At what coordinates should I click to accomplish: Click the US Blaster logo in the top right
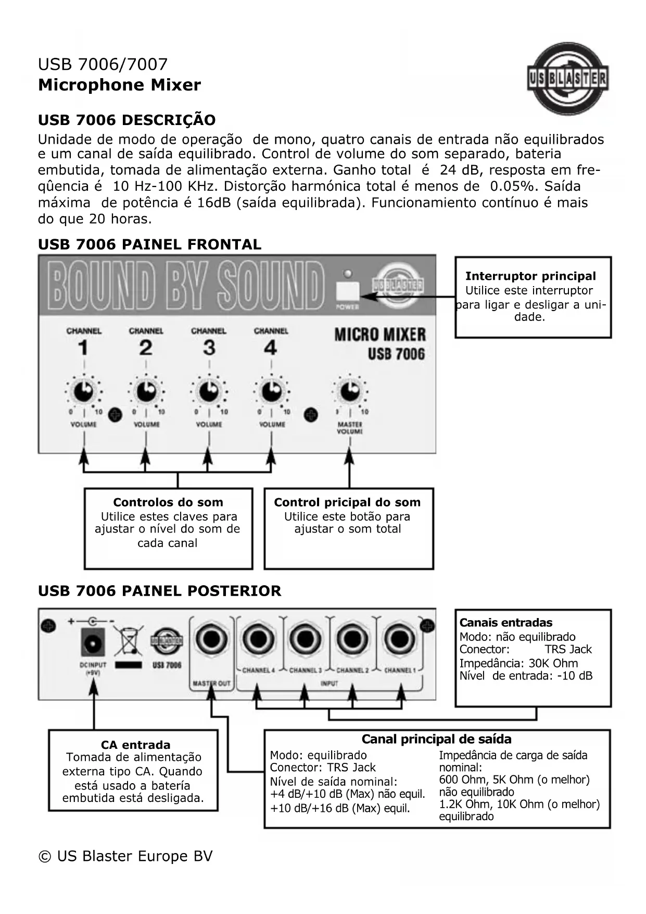(567, 79)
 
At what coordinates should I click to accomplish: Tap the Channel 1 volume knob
(83, 391)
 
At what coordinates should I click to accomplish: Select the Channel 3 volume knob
(209, 391)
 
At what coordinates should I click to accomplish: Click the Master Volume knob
(349, 391)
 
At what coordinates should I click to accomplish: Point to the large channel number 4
(270, 348)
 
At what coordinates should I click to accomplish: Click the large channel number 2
(146, 348)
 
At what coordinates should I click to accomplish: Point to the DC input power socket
(93, 642)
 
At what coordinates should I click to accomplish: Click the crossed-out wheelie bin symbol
(128, 642)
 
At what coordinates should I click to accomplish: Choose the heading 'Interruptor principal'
(530, 276)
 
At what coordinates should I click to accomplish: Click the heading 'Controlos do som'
(168, 502)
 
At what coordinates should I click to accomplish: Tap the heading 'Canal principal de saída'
(436, 739)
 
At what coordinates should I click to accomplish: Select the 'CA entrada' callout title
(136, 745)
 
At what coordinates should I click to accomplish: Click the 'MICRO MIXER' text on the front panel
(379, 335)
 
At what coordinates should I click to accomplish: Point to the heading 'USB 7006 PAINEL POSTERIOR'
(159, 591)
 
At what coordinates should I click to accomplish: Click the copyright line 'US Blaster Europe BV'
(125, 856)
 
